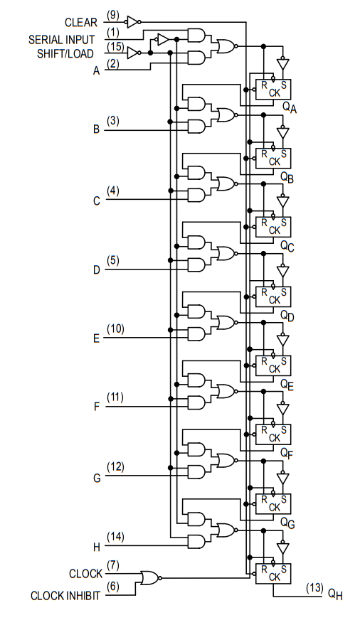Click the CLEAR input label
[x=80, y=23]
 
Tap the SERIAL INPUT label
[x=61, y=40]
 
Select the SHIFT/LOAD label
[x=65, y=54]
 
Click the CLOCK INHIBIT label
[x=65, y=596]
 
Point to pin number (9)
[x=112, y=16]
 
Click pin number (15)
[x=115, y=47]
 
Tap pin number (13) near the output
[x=314, y=588]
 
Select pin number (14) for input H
[x=115, y=537]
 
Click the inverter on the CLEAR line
[x=133, y=22]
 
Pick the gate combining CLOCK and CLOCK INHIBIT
[x=151, y=578]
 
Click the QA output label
[x=289, y=107]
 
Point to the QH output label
[x=335, y=594]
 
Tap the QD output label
[x=287, y=316]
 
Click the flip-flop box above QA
[x=273, y=90]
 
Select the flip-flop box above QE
[x=273, y=365]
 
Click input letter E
[x=97, y=339]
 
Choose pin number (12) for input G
[x=115, y=467]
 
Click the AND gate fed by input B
[x=196, y=127]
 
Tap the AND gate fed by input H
[x=196, y=541]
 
